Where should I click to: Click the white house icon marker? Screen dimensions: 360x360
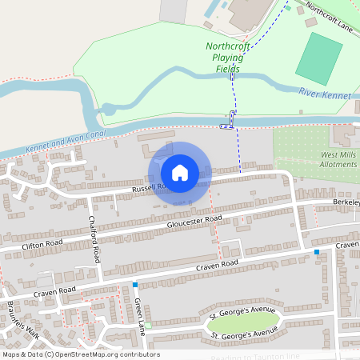point(180,172)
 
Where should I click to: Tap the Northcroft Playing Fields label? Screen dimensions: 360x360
point(228,58)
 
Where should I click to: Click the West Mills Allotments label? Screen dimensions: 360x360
point(339,159)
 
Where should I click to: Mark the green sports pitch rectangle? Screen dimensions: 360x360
point(318,58)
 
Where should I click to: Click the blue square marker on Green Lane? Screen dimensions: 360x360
point(135,285)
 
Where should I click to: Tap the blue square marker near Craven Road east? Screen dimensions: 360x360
point(317,252)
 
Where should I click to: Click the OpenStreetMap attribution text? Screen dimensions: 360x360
point(80,354)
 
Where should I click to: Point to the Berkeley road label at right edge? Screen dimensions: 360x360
point(346,203)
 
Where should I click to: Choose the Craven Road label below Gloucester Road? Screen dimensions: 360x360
point(218,263)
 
